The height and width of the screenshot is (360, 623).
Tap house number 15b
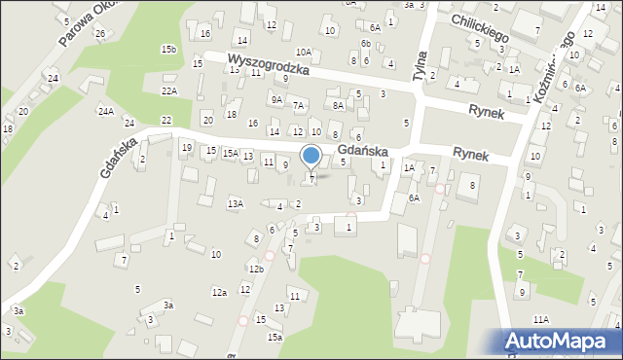pyautogui.click(x=169, y=49)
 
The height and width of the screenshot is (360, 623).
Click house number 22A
pyautogui.click(x=169, y=90)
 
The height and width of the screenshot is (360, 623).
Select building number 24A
pyautogui.click(x=105, y=112)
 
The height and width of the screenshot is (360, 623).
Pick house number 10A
pyautogui.click(x=304, y=53)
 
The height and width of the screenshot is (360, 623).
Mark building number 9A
pyautogui.click(x=277, y=99)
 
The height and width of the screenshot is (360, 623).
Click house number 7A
pyautogui.click(x=300, y=105)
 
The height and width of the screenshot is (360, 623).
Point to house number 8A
pyautogui.click(x=338, y=105)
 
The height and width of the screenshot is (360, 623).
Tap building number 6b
pyautogui.click(x=365, y=44)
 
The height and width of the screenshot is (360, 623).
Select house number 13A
pyautogui.click(x=235, y=203)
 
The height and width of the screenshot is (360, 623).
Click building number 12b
pyautogui.click(x=255, y=269)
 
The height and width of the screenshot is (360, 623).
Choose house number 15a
pyautogui.click(x=275, y=337)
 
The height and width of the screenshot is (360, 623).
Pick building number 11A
pyautogui.click(x=540, y=319)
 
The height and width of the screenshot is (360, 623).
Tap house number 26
pyautogui.click(x=100, y=33)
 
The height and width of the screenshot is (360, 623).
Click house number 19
pyautogui.click(x=186, y=147)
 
